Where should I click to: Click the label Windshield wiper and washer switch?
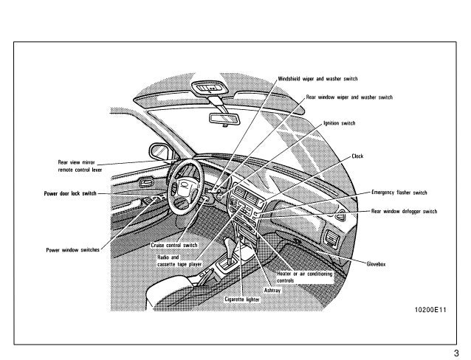[x=317, y=77]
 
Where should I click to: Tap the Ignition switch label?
[x=340, y=123]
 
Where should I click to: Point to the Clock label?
[x=357, y=156]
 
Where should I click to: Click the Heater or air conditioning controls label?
[x=303, y=277]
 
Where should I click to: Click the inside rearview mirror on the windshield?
[x=222, y=118]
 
